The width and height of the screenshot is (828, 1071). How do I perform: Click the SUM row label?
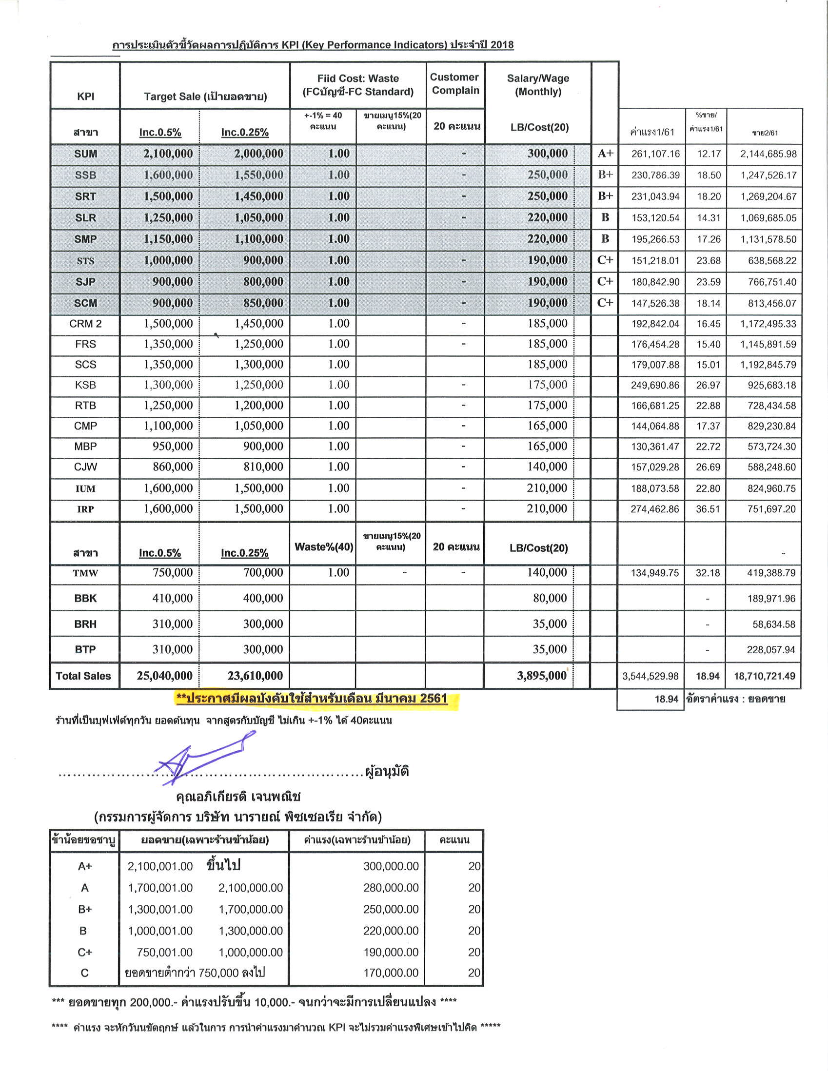pyautogui.click(x=85, y=154)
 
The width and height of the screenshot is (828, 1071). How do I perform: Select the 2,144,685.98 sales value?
pyautogui.click(x=768, y=154)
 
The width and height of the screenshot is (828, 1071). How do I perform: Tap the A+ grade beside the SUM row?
pyautogui.click(x=605, y=154)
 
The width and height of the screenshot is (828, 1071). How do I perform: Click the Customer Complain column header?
pyautogui.click(x=455, y=84)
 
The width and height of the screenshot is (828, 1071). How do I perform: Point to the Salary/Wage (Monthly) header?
pyautogui.click(x=537, y=85)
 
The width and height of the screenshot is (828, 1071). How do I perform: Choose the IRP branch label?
pyautogui.click(x=85, y=509)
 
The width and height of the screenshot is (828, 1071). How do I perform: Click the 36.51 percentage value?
pyautogui.click(x=708, y=509)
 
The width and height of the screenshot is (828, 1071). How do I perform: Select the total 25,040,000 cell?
pyautogui.click(x=164, y=676)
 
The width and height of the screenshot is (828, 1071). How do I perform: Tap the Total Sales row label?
pyautogui.click(x=83, y=676)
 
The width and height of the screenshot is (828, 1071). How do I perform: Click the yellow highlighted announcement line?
pyautogui.click(x=312, y=698)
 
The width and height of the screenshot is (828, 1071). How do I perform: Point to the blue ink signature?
pyautogui.click(x=206, y=756)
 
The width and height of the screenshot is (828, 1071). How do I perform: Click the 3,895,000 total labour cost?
pyautogui.click(x=542, y=676)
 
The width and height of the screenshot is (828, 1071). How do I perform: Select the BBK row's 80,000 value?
pyautogui.click(x=550, y=598)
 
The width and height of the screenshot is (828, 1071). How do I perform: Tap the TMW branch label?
pyautogui.click(x=85, y=573)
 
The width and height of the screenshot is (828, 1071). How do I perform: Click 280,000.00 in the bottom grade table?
pyautogui.click(x=391, y=888)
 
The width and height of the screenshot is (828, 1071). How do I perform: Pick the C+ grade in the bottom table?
pyautogui.click(x=84, y=953)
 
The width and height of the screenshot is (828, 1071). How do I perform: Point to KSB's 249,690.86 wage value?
pyautogui.click(x=655, y=386)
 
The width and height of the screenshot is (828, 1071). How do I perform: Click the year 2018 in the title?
pyautogui.click(x=501, y=45)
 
